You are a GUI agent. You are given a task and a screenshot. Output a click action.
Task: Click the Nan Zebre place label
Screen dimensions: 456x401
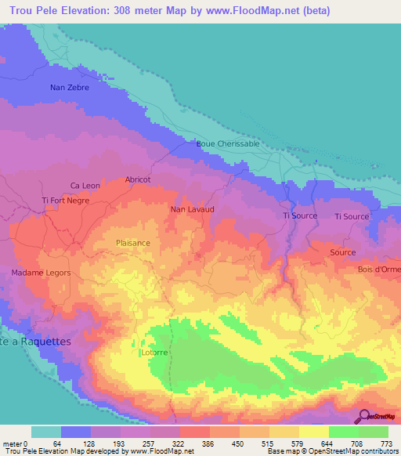coord(69,88)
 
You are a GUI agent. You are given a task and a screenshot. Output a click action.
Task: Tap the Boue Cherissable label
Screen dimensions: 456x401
coord(228,144)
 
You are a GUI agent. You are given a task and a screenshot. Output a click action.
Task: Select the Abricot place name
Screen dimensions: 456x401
coord(138,179)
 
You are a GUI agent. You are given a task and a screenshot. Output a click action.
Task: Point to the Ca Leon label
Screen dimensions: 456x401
coord(85,186)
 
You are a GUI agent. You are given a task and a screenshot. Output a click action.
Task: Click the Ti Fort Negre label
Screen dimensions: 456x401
coord(66,201)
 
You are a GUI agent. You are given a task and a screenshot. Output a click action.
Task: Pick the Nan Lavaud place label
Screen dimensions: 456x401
coord(192,210)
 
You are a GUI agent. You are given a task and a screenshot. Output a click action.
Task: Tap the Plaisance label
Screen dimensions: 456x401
coord(133,243)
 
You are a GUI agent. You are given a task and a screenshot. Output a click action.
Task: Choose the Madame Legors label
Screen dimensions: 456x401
coord(41,273)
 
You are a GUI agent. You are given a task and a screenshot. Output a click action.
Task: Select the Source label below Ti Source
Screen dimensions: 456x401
coord(342,252)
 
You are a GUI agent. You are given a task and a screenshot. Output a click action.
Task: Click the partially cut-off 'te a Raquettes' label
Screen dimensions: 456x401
coord(36,342)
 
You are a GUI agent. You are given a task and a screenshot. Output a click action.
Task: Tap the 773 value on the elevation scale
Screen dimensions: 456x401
coord(386,443)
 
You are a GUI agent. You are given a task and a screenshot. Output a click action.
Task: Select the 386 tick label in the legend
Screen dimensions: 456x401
coord(208,443)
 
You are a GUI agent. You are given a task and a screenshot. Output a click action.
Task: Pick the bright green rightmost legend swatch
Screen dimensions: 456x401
coord(373,432)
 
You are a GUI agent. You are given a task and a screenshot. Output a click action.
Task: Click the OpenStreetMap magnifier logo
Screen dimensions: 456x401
coord(365,418)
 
